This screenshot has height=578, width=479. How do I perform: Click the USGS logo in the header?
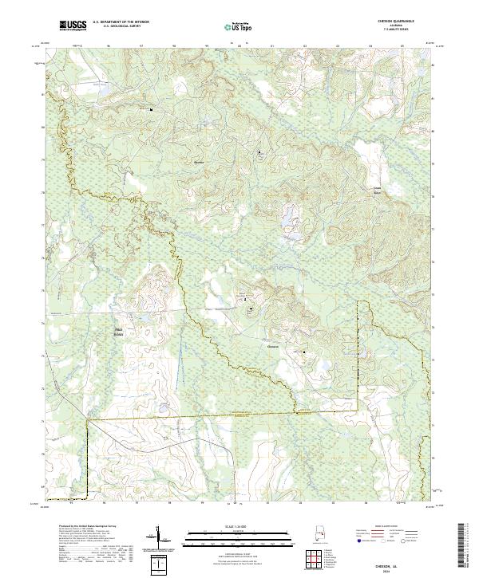[x=73, y=26]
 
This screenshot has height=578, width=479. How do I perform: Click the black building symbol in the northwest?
[x=151, y=109]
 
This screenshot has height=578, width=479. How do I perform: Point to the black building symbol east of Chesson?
[x=303, y=352]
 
